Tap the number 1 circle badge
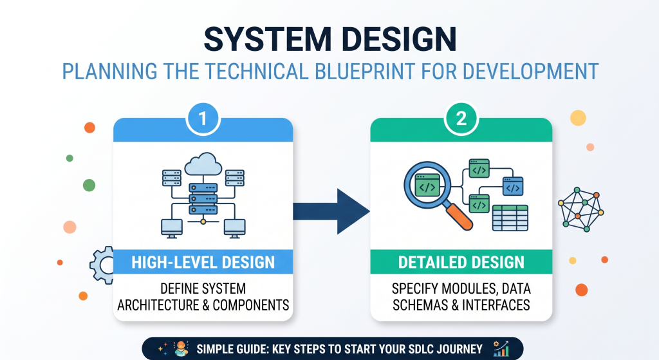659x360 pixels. [203, 118]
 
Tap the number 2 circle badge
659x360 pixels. [461, 118]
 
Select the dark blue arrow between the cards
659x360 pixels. [331, 211]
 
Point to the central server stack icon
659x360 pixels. [203, 198]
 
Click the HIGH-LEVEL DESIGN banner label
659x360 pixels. [203, 262]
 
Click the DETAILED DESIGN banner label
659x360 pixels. [461, 262]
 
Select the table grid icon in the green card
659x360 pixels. [510, 218]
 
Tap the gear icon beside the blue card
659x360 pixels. [102, 265]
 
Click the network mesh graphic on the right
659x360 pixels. [581, 209]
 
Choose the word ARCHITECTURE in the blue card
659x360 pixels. [158, 305]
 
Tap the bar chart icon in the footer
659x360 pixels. [501, 349]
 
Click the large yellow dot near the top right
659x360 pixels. [578, 118]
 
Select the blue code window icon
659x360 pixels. [513, 186]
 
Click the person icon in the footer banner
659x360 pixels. [181, 349]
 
